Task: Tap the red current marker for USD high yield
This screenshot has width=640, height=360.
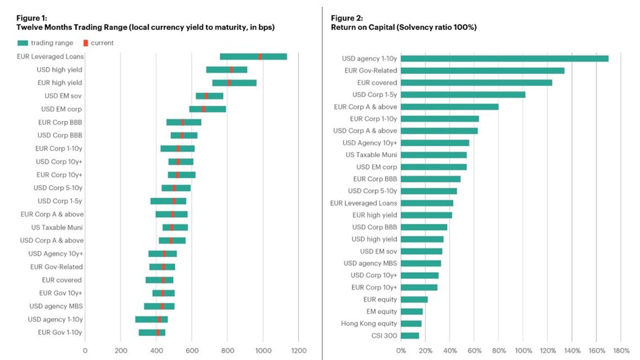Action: click(x=231, y=69)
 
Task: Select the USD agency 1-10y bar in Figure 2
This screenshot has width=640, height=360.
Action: click(x=504, y=58)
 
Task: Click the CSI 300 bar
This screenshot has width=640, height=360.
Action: click(x=410, y=335)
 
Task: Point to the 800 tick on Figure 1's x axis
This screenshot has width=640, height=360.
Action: click(x=227, y=350)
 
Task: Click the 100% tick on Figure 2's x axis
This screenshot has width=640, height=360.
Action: click(x=523, y=350)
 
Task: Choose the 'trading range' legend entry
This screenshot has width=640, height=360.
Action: click(x=45, y=43)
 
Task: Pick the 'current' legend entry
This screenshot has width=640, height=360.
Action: click(x=98, y=43)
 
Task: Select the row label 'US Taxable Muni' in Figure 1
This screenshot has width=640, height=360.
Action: click(x=57, y=227)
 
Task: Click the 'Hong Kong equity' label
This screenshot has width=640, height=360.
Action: click(x=369, y=323)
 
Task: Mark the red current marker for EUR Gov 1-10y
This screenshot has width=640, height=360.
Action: click(x=158, y=332)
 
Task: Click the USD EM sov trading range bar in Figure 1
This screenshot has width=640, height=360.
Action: click(x=209, y=96)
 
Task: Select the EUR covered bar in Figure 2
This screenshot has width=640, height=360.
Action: click(x=476, y=82)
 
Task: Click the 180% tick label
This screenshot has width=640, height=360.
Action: click(x=621, y=350)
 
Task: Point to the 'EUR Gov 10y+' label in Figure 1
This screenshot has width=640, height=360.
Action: click(x=60, y=293)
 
